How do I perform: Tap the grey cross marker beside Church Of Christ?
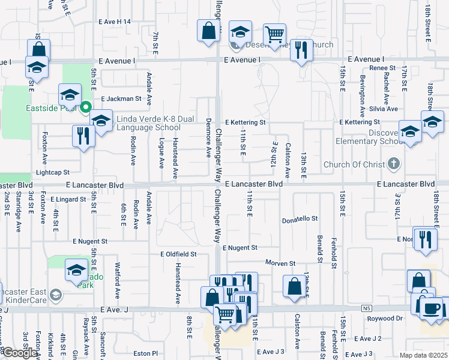pyautogui.click(x=393, y=163)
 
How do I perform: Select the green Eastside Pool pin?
pyautogui.click(x=85, y=108)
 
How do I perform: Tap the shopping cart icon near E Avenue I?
pyautogui.click(x=274, y=35)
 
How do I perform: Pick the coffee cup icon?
pyautogui.click(x=432, y=309)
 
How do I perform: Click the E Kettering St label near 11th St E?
pyautogui.click(x=245, y=122)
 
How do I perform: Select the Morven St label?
pyautogui.click(x=281, y=263)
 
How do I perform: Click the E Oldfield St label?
pyautogui.click(x=178, y=254)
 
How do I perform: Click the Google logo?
pyautogui.click(x=19, y=353)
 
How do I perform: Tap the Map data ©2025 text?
pyautogui.click(x=423, y=355)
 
